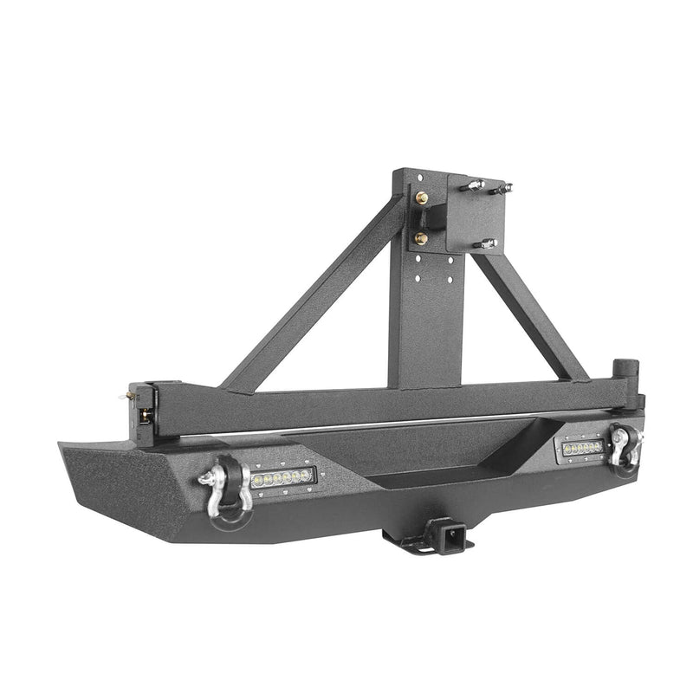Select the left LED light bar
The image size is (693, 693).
pyautogui.click(x=283, y=477)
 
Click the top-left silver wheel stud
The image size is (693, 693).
pyautogui.click(x=476, y=186)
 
